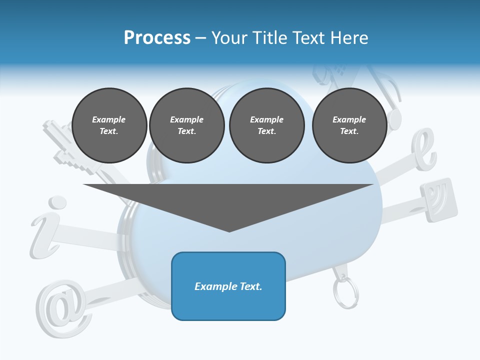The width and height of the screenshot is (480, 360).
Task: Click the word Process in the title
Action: click(x=157, y=37)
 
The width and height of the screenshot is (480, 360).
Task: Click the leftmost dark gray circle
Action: click(x=109, y=125)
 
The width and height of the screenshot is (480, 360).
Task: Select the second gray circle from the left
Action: click(x=186, y=125)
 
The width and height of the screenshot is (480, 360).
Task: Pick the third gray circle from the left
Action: click(x=266, y=125)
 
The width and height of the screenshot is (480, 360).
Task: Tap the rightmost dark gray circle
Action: click(x=349, y=125)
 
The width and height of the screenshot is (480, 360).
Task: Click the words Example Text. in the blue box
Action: click(x=228, y=286)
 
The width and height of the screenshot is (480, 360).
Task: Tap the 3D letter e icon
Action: click(x=423, y=150)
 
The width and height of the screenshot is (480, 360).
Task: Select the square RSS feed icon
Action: click(x=438, y=199)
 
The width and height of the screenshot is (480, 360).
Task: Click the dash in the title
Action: click(x=201, y=38)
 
